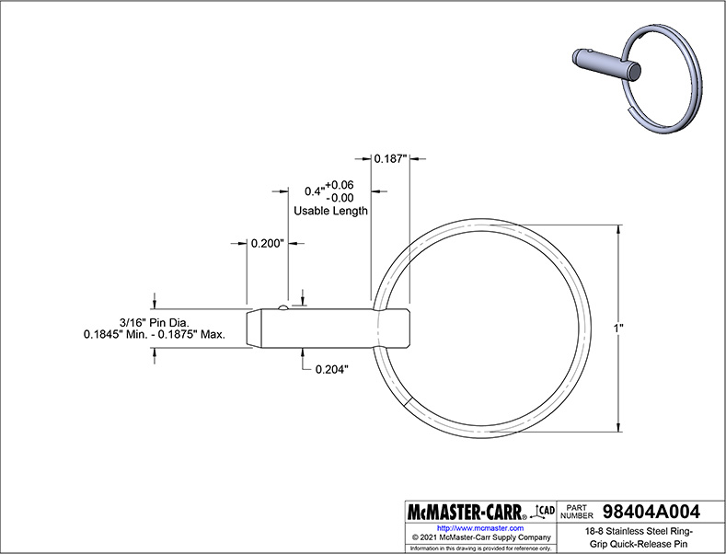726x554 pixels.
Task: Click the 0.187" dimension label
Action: [390, 159]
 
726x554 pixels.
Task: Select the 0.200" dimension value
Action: [267, 243]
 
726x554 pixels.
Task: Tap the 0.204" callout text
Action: [332, 369]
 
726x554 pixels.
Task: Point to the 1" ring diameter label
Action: [618, 329]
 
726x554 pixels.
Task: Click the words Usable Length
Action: [330, 211]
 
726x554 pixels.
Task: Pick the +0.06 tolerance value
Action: [340, 185]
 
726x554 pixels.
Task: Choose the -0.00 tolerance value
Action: [340, 198]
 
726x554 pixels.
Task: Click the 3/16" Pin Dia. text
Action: [155, 322]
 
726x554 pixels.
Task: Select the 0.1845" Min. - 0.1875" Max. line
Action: [155, 334]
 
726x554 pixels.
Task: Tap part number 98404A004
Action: [651, 512]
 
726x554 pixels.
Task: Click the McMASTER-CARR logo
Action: [467, 513]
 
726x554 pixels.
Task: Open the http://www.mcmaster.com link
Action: [480, 528]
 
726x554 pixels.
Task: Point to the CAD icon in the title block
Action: [545, 511]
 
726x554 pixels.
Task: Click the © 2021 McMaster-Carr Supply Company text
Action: [481, 537]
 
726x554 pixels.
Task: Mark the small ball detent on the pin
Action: [283, 307]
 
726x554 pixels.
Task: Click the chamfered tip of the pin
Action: [254, 329]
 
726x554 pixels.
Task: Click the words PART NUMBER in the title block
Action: [576, 512]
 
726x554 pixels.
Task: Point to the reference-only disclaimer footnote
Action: [481, 548]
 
